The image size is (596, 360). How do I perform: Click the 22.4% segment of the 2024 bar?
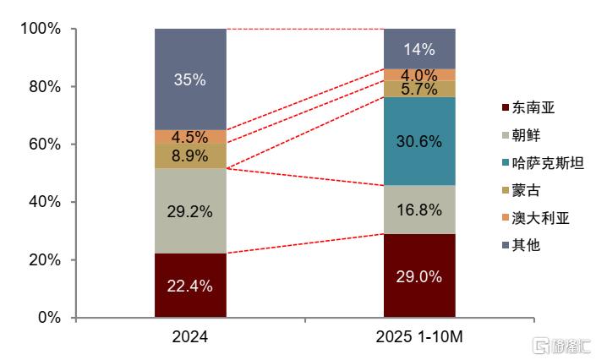pos(190,285)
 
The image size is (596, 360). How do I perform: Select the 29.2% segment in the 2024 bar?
pos(190,210)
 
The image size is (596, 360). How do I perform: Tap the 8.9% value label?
pos(190,155)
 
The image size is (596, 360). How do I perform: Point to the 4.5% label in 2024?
pos(190,137)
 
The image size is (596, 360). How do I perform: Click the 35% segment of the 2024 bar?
pos(190,79)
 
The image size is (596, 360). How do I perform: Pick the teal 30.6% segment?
pos(419,141)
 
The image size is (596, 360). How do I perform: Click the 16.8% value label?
pos(419,210)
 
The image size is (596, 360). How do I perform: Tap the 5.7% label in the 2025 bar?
pos(419,89)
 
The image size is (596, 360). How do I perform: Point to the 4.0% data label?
pos(419,74)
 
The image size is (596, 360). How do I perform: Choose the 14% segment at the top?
pos(419,48)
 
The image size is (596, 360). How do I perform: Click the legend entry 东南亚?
pos(533,107)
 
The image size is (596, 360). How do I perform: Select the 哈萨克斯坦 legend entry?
pos(548,163)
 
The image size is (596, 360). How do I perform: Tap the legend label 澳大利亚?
pos(540,218)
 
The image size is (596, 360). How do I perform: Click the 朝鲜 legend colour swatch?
pos(506,135)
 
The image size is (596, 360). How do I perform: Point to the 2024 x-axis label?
pos(190,337)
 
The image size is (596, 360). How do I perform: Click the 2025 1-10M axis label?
pos(419,337)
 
